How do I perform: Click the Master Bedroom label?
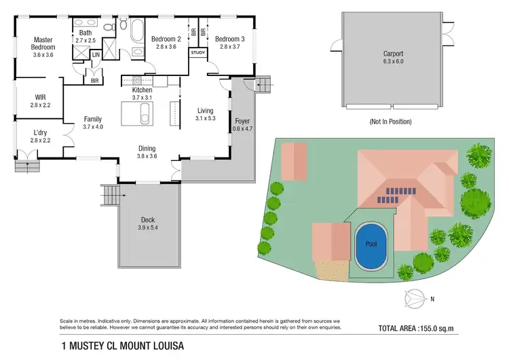[x=43, y=43]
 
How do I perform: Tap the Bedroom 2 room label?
[x=165, y=39]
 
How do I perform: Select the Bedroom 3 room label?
[x=229, y=39]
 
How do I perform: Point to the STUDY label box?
[x=198, y=52]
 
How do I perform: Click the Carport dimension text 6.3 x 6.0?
[x=393, y=62]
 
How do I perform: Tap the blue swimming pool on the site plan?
[x=370, y=245]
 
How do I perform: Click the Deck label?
[x=148, y=219]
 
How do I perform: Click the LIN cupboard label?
[x=96, y=54]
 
